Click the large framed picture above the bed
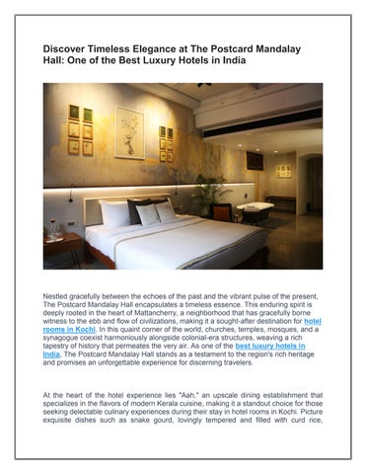pyautogui.click(x=129, y=131)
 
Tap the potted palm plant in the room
pyautogui.click(x=209, y=196)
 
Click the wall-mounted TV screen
pyautogui.click(x=255, y=160)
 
